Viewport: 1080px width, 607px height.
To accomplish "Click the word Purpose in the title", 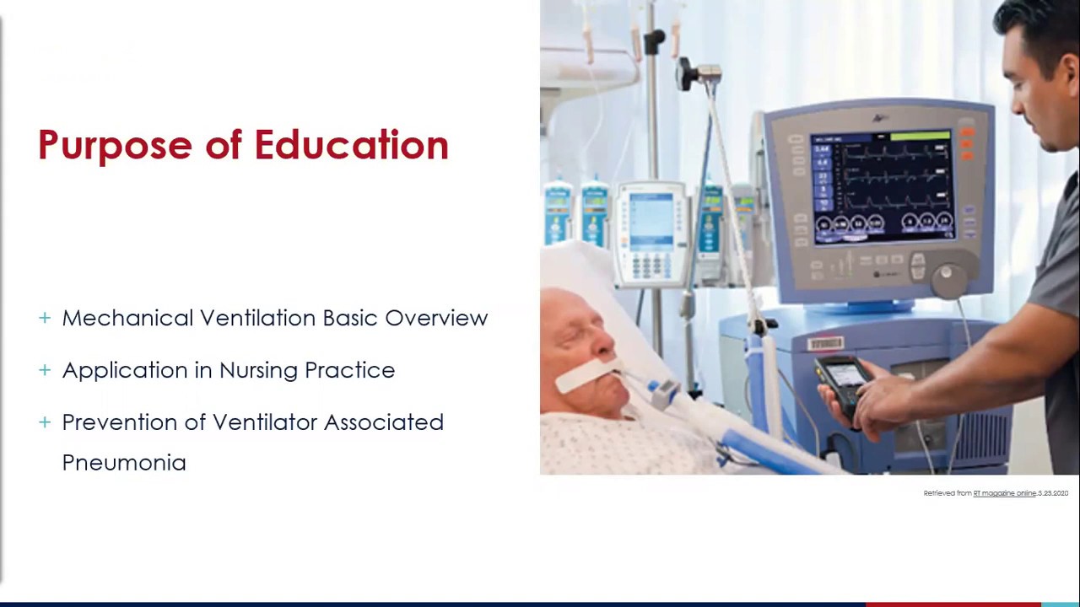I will (x=115, y=146).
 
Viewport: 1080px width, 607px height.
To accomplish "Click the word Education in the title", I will (x=351, y=145).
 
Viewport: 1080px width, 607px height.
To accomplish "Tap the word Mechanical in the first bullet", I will (x=127, y=318).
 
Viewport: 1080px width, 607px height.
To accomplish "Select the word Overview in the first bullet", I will (x=436, y=318).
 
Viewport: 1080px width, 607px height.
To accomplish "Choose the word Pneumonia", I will (x=124, y=463).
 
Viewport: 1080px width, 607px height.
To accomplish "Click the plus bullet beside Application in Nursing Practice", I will (x=45, y=369).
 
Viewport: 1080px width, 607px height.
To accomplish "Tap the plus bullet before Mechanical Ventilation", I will (x=45, y=318).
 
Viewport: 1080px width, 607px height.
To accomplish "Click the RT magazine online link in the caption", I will (x=1004, y=493).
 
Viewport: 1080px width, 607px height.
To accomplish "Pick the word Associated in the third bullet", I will (x=383, y=422).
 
